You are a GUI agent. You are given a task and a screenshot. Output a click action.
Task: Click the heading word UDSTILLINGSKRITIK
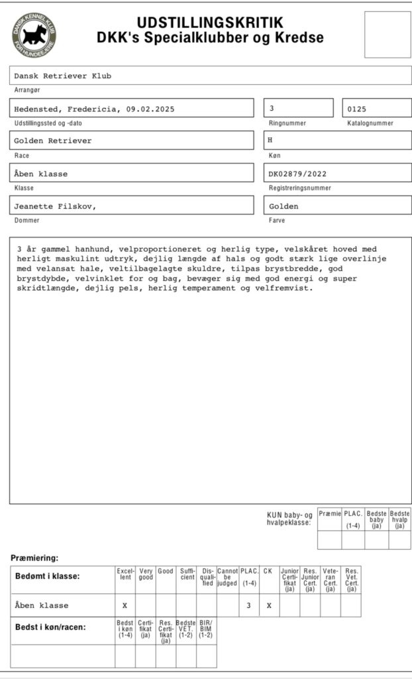(210, 23)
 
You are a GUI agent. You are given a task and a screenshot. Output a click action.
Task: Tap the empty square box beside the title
(387, 34)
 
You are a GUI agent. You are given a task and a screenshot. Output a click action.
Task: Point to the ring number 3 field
(298, 108)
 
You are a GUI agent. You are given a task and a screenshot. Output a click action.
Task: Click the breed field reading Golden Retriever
(131, 141)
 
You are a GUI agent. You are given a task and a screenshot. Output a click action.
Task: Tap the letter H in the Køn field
(270, 141)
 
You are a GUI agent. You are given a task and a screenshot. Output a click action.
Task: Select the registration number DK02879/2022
(298, 174)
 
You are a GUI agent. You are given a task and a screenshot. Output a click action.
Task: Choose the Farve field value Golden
(283, 206)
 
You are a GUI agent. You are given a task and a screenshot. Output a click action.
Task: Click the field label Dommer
(27, 220)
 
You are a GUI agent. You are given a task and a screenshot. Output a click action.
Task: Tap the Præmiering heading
(34, 558)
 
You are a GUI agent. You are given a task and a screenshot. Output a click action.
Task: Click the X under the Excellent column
(125, 605)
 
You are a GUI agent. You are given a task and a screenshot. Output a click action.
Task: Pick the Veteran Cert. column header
(331, 579)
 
